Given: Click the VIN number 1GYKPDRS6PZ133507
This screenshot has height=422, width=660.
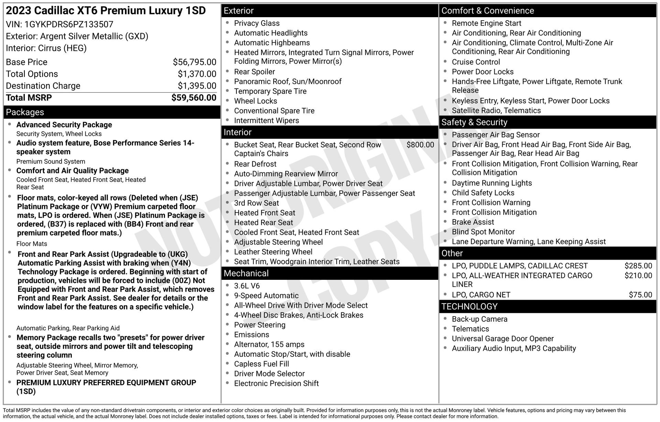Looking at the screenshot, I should [69, 24].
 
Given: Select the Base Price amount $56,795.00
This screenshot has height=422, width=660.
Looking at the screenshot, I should [195, 62].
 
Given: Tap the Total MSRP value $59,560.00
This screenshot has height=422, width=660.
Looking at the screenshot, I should [194, 98].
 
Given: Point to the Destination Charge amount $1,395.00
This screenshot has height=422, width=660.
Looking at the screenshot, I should [197, 86].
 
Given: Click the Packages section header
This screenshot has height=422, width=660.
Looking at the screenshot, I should [25, 112].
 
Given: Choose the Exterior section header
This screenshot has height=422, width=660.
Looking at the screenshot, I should [239, 11].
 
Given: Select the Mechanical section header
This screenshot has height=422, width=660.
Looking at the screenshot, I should [246, 273].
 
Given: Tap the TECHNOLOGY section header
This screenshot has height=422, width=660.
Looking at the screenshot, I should [469, 307].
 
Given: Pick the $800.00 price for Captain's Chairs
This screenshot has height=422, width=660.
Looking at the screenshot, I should [420, 145].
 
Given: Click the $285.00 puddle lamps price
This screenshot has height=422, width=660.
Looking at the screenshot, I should [638, 266].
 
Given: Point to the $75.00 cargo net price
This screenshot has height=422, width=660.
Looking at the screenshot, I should [640, 295].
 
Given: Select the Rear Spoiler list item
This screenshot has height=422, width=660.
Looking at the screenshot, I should [254, 72].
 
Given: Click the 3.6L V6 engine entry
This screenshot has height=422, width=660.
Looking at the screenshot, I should [247, 286].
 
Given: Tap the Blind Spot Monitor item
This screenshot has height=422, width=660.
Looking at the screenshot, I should [483, 232].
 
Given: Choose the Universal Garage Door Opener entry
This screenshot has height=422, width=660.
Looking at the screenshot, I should [503, 339].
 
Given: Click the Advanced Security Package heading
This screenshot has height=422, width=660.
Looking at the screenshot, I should [64, 125].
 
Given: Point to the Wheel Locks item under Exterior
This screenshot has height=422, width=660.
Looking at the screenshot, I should [255, 101].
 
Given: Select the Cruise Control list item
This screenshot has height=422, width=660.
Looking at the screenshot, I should [476, 62].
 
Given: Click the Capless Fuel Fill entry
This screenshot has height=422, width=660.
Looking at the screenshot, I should [261, 364].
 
